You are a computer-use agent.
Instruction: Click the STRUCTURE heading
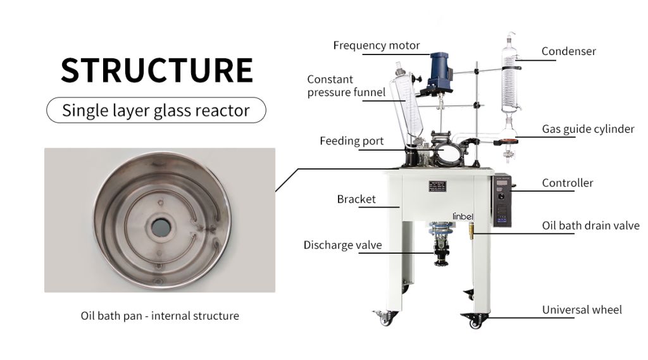[x=156, y=70]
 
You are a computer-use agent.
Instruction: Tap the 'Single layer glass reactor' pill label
[x=156, y=111]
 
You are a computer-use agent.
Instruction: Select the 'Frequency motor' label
[x=377, y=46]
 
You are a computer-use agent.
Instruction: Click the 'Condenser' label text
[x=568, y=51]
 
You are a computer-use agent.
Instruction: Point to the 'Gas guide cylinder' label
[x=588, y=129]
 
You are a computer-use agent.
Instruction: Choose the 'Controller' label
[x=568, y=183]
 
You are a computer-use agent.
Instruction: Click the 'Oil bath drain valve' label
[x=590, y=226]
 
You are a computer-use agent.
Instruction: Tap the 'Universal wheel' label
[x=582, y=310]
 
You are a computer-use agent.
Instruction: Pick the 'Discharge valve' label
[x=342, y=245]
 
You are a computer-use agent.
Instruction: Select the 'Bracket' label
[x=356, y=199]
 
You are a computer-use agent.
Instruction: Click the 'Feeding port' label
[x=351, y=141]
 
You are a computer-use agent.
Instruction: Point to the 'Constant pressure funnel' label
[x=346, y=86]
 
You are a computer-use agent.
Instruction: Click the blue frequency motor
[x=439, y=70]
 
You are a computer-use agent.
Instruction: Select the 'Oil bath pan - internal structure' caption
[x=159, y=315]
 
